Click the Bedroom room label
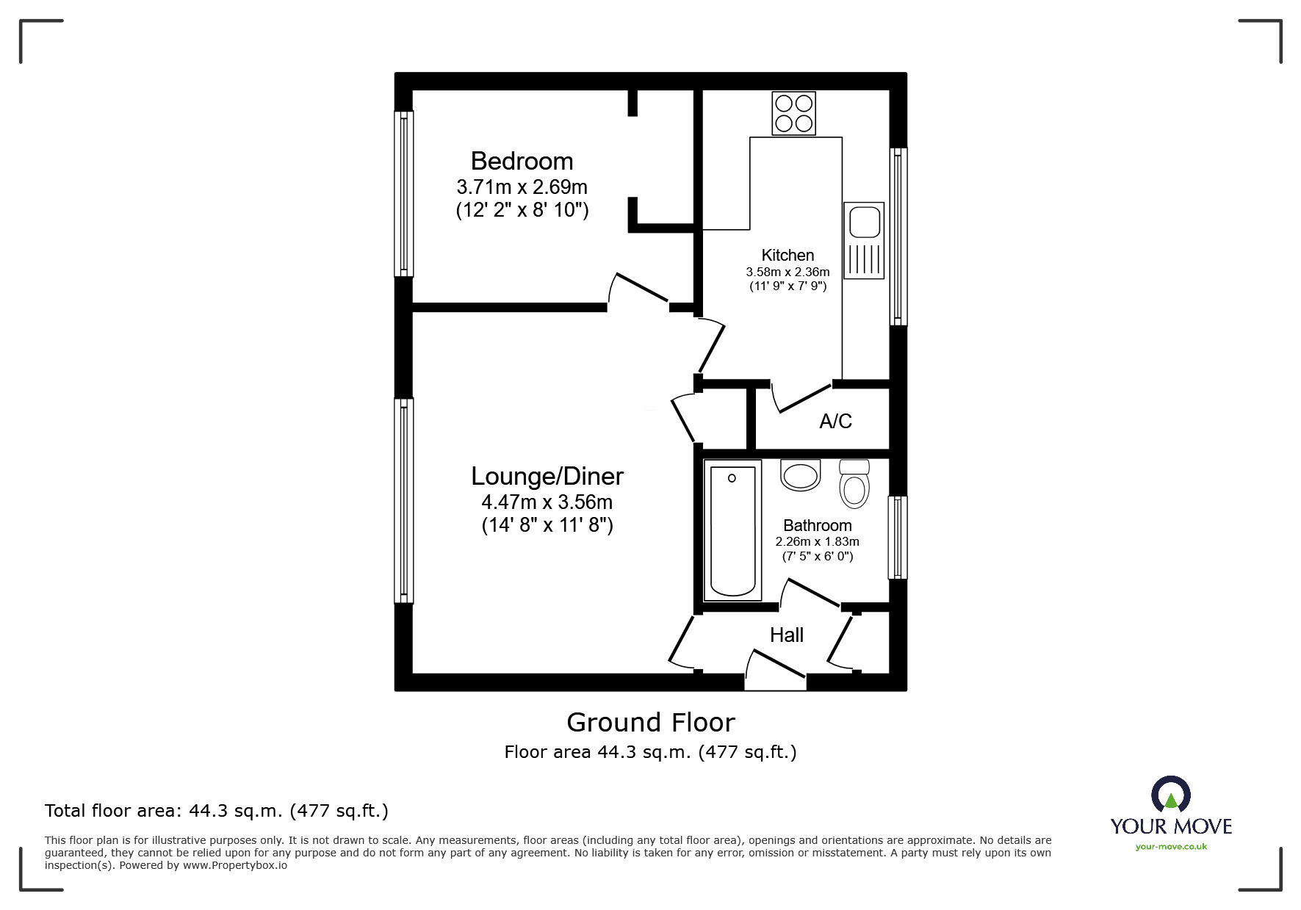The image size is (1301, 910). (522, 161)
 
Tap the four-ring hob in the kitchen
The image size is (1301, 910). (793, 113)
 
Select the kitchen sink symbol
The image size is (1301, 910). (863, 240)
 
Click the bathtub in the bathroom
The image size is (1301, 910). (732, 530)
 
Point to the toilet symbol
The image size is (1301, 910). (854, 484)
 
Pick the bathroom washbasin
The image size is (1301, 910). (800, 475)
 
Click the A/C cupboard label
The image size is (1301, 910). (835, 421)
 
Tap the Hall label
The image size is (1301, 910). (786, 635)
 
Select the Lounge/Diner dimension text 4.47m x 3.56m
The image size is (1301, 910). (547, 502)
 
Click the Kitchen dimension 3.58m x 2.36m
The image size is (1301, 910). (788, 272)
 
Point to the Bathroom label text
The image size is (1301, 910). (817, 525)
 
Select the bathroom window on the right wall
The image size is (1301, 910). (897, 538)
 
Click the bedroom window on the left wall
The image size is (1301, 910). (403, 193)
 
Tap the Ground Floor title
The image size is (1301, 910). (650, 723)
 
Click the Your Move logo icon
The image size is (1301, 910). (1170, 795)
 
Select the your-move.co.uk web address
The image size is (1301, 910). (1171, 847)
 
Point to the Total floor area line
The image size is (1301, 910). (217, 811)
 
